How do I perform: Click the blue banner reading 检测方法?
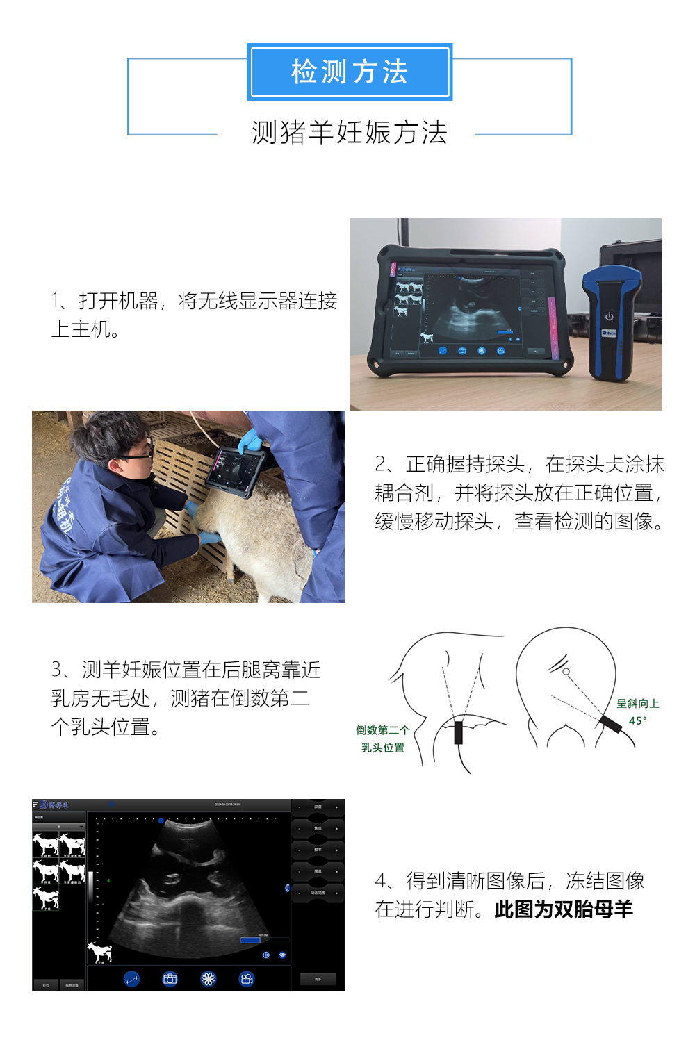[x=350, y=72]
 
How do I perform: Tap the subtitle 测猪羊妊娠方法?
[x=350, y=132]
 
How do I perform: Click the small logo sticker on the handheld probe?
[x=609, y=333]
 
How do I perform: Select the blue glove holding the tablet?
[x=250, y=441]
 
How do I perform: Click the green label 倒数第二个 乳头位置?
[x=383, y=739]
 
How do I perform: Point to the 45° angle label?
[x=637, y=721]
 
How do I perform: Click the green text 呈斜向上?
[x=637, y=704]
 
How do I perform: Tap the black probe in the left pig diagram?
[x=459, y=732]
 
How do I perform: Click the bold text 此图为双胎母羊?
[x=564, y=909]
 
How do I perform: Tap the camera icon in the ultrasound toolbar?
[x=170, y=979]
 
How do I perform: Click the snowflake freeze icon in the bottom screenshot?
[x=208, y=979]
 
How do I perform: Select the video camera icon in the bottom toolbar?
[x=246, y=979]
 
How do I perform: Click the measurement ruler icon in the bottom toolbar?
[x=131, y=979]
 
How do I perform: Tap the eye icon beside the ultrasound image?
[x=282, y=955]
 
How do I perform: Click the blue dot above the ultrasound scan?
[x=161, y=821]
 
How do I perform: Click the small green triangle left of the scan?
[x=108, y=881]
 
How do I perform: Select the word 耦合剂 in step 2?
[x=404, y=493]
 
